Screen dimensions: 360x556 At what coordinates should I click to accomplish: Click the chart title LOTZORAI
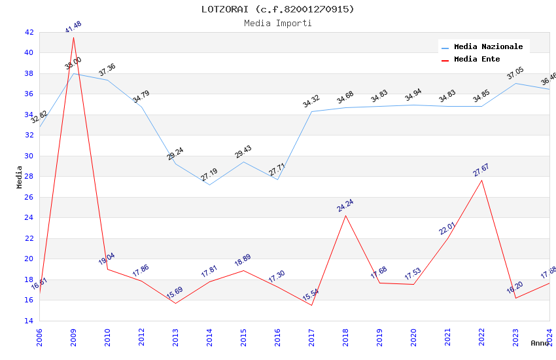tap(277, 9)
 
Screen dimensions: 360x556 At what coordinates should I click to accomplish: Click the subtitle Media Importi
tap(277, 24)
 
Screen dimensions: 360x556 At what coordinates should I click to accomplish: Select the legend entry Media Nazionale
tap(488, 46)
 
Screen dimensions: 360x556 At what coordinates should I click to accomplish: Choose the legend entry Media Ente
tap(477, 60)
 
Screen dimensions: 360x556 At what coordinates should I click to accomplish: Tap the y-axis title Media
tap(19, 177)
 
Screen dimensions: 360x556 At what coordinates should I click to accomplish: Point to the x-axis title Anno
tap(539, 343)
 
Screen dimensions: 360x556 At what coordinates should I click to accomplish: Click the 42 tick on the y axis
tap(29, 32)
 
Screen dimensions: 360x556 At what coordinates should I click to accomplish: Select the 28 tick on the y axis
tap(29, 177)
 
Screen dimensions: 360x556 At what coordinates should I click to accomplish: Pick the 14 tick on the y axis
tap(29, 321)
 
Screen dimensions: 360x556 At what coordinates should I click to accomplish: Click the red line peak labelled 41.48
tap(73, 37)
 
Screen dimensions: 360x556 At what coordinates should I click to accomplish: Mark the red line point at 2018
tap(345, 215)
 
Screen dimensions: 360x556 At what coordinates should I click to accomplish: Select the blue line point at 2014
tap(209, 185)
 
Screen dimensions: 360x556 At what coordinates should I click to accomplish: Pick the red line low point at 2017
tap(311, 305)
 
